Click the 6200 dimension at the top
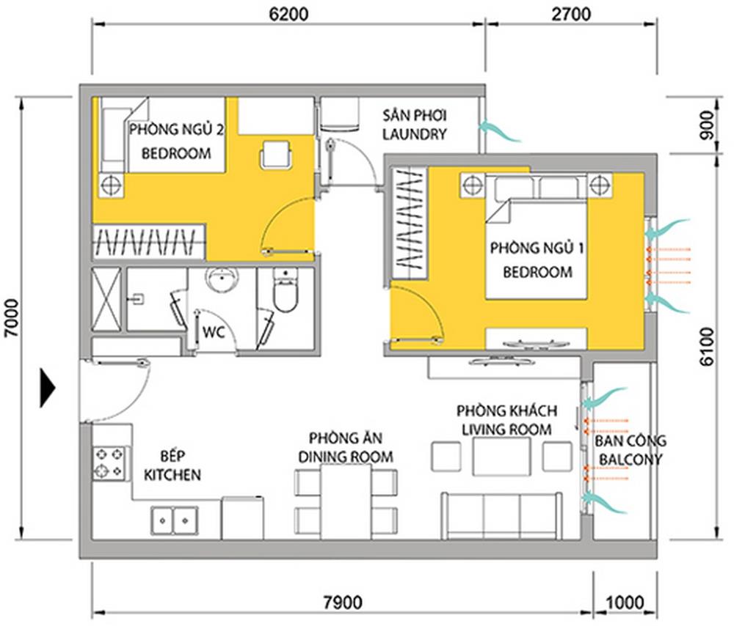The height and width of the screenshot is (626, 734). (288, 14)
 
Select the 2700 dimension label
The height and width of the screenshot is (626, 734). (570, 14)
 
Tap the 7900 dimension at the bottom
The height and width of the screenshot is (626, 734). (343, 602)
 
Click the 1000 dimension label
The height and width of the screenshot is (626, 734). (625, 602)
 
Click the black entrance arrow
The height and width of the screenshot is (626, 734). (48, 388)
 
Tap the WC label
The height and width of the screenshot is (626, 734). (214, 332)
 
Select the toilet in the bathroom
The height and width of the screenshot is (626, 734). (285, 291)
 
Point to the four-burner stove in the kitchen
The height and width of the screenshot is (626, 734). (109, 463)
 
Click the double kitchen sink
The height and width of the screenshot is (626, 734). (174, 520)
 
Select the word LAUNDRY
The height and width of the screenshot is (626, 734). (414, 134)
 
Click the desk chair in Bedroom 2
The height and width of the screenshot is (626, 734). (276, 154)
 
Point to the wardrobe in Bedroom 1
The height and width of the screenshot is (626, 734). (410, 224)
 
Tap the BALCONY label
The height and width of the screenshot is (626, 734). (631, 460)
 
